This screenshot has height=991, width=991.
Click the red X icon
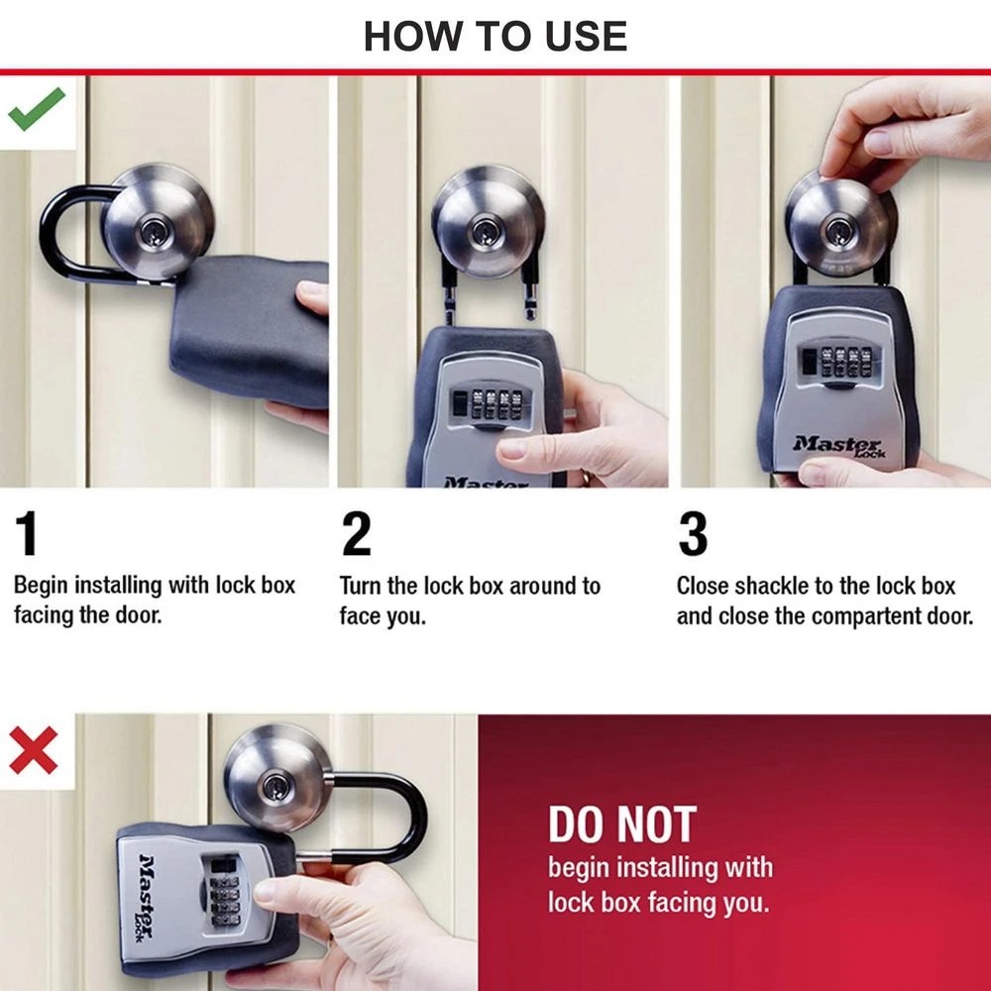33,750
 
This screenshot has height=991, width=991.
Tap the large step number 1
27,536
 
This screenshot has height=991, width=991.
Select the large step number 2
356,536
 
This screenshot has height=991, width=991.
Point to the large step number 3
693,536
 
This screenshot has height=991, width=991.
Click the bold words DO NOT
622,825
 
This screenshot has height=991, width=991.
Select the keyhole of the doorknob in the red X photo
275,789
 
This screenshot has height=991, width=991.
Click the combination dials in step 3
844,360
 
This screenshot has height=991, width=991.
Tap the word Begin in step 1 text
41,585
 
